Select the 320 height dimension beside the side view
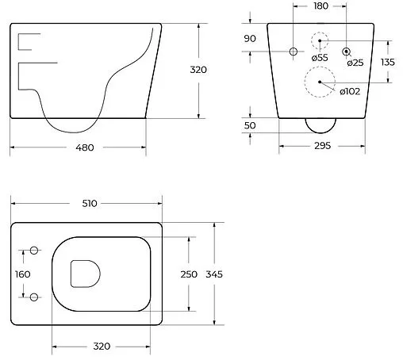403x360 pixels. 198,70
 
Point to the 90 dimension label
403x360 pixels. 250,38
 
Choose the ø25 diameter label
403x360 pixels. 355,63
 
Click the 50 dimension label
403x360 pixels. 250,126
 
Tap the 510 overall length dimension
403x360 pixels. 88,203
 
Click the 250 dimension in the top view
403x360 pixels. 189,274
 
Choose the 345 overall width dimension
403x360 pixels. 214,274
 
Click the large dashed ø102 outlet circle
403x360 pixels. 318,82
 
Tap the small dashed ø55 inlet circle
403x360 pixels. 318,41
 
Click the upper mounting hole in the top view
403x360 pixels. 34,251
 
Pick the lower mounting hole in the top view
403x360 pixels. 34,297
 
